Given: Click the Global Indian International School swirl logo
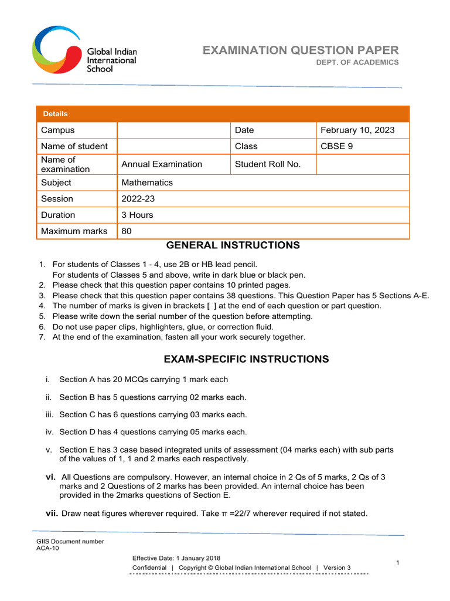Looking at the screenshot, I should pyautogui.click(x=57, y=49).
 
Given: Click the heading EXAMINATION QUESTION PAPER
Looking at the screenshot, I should pyautogui.click(x=301, y=50).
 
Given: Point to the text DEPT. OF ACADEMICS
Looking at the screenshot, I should pyautogui.click(x=357, y=62).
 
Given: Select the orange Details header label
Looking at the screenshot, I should pyautogui.click(x=55, y=114).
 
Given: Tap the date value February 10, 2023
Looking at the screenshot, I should pyautogui.click(x=357, y=130).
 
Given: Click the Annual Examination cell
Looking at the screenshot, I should pyautogui.click(x=162, y=164).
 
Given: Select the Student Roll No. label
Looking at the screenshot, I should pyautogui.click(x=268, y=164).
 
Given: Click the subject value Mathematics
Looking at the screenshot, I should pyautogui.click(x=147, y=183).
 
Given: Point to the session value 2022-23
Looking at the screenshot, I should pyautogui.click(x=138, y=199).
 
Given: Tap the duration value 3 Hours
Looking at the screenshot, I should pyautogui.click(x=137, y=215).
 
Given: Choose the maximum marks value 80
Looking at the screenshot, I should pyautogui.click(x=127, y=231).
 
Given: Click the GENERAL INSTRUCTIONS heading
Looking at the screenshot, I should pyautogui.click(x=233, y=245).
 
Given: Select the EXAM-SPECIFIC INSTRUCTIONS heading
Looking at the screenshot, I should pyautogui.click(x=247, y=359).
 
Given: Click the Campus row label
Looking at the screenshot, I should pyautogui.click(x=57, y=130).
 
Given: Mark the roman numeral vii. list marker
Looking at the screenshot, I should pyautogui.click(x=52, y=513).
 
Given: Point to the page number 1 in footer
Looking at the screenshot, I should pyautogui.click(x=397, y=563).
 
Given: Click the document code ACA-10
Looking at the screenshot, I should pyautogui.click(x=48, y=548).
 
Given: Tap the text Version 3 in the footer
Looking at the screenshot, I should pyautogui.click(x=337, y=568).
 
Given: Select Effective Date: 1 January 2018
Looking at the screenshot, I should pyautogui.click(x=176, y=558).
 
